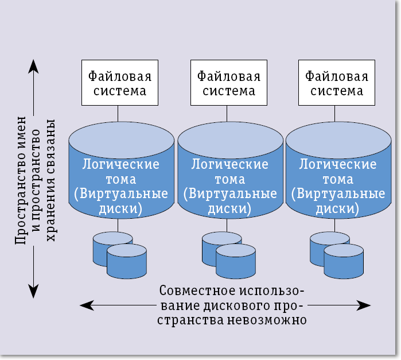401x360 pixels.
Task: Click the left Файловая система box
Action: pos(118,83)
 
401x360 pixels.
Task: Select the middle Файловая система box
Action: pos(228,83)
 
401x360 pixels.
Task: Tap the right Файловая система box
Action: pos(337,83)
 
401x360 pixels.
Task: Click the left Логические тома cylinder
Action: pos(121,172)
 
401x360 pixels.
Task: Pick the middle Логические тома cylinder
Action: pos(229,172)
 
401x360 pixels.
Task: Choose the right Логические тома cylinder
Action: pos(338,172)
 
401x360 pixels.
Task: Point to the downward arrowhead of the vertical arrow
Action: pos(34,292)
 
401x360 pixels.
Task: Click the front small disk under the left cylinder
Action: pos(126,262)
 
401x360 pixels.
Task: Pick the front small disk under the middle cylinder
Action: pos(235,262)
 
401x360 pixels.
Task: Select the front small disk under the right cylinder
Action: pos(343,262)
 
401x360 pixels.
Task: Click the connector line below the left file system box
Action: pos(118,113)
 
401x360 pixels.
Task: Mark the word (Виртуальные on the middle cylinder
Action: pos(229,193)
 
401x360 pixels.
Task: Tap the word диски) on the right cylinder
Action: pos(338,208)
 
